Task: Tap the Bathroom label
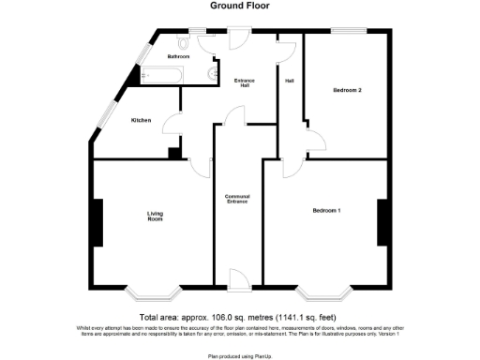[179, 57]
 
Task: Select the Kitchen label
[141, 120]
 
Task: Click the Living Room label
[155, 217]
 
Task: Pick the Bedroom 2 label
[347, 91]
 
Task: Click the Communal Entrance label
[237, 199]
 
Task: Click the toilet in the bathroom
[185, 42]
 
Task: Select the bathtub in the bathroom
[161, 74]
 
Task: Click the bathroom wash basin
[215, 71]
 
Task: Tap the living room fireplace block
[97, 222]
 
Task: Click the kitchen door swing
[173, 125]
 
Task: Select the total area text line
[240, 317]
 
